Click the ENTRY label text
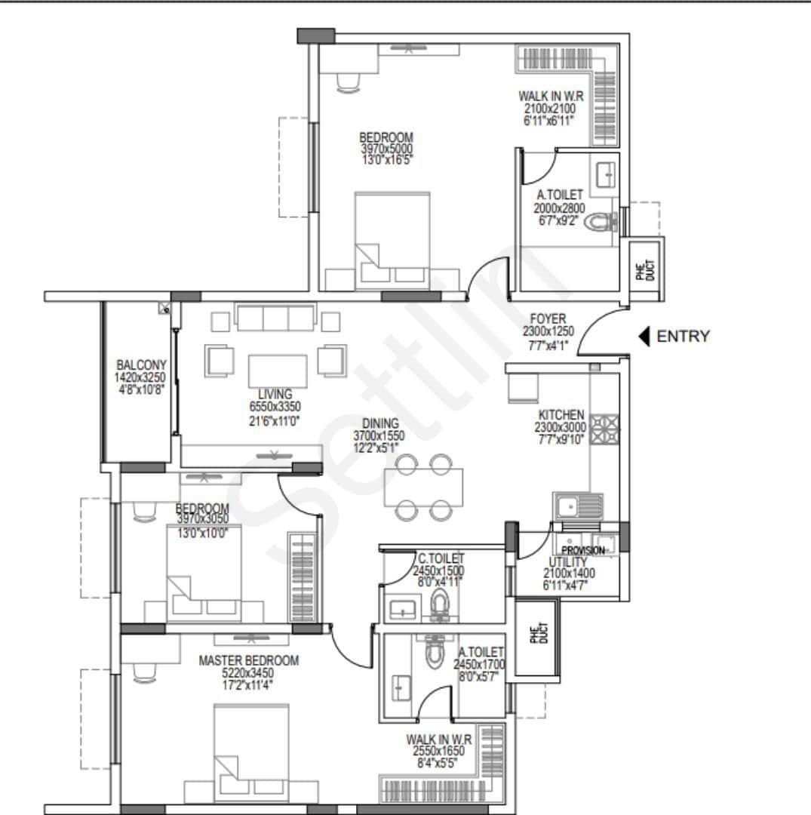pos(683,337)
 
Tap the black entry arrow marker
pos(644,337)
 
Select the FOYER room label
pos(548,320)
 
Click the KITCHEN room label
pos(561,415)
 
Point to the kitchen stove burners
pos(605,430)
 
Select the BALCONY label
pos(140,365)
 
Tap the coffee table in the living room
pos(278,371)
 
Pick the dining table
pos(423,487)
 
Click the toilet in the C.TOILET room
pos(439,604)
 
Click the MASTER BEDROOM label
pos(248,661)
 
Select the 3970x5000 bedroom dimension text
pos(386,149)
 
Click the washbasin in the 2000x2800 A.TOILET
pos(607,175)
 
